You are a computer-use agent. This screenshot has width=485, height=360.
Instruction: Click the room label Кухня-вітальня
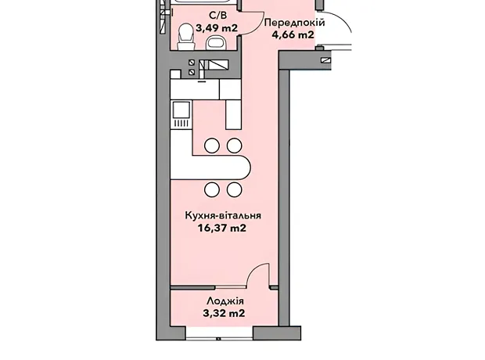(223, 215)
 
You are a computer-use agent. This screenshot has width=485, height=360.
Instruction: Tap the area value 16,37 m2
(222, 229)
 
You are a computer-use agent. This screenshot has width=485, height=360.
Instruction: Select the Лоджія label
(225, 301)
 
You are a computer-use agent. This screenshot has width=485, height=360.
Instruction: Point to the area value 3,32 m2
(224, 313)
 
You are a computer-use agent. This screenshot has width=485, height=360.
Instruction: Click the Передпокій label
(295, 23)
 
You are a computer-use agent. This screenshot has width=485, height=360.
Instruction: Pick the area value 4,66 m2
(293, 34)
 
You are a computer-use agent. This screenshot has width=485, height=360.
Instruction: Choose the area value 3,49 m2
(217, 28)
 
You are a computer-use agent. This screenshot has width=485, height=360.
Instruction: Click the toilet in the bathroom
(186, 37)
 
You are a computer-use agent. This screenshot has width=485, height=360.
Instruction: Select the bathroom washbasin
(217, 42)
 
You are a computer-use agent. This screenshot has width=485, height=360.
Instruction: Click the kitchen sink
(181, 110)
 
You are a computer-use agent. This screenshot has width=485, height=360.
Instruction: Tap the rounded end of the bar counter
(246, 167)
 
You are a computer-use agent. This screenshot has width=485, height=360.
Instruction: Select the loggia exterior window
(220, 334)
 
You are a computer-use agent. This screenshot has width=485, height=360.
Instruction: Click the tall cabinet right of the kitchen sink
(234, 114)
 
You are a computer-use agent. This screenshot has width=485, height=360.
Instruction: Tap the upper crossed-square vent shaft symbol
(192, 63)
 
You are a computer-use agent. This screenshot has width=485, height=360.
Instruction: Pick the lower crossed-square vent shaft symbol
(192, 72)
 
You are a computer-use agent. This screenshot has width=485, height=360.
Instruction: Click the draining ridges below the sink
(181, 124)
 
